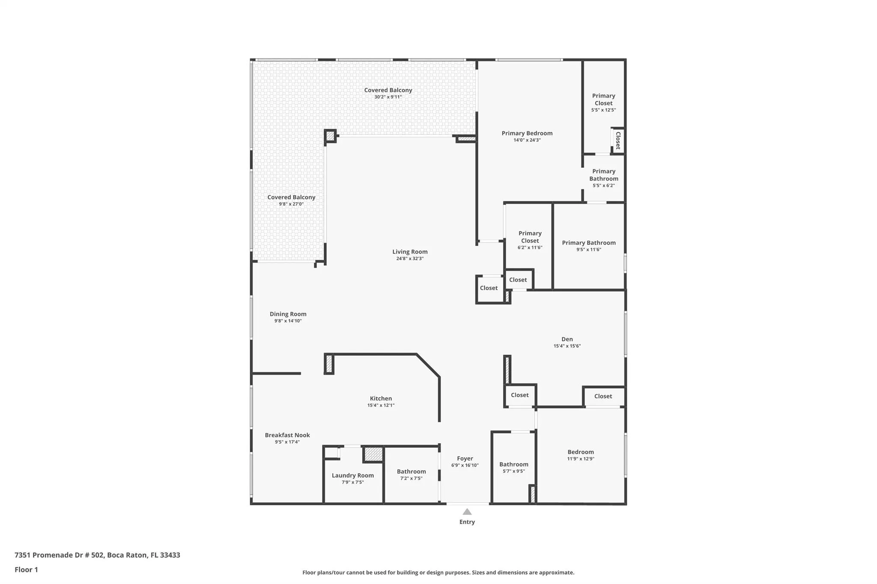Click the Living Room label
(x=410, y=252)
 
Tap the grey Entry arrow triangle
(x=467, y=512)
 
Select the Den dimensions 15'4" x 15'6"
(x=567, y=346)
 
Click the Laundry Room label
(x=352, y=475)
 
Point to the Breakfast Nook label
(x=287, y=435)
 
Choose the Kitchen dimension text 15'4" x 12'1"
(x=381, y=405)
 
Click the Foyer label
(x=465, y=458)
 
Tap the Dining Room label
(x=288, y=314)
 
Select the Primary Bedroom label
(x=527, y=133)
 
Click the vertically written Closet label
(x=618, y=140)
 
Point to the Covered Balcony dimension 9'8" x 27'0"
(x=291, y=204)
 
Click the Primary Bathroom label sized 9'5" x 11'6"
(x=588, y=243)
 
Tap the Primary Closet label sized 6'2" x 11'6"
(x=530, y=237)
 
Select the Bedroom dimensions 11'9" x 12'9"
(x=581, y=459)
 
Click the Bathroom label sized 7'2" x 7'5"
(x=411, y=471)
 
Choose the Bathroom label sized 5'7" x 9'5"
(x=513, y=464)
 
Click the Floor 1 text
(x=26, y=569)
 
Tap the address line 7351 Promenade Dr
(x=97, y=555)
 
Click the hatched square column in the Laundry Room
(x=373, y=454)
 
